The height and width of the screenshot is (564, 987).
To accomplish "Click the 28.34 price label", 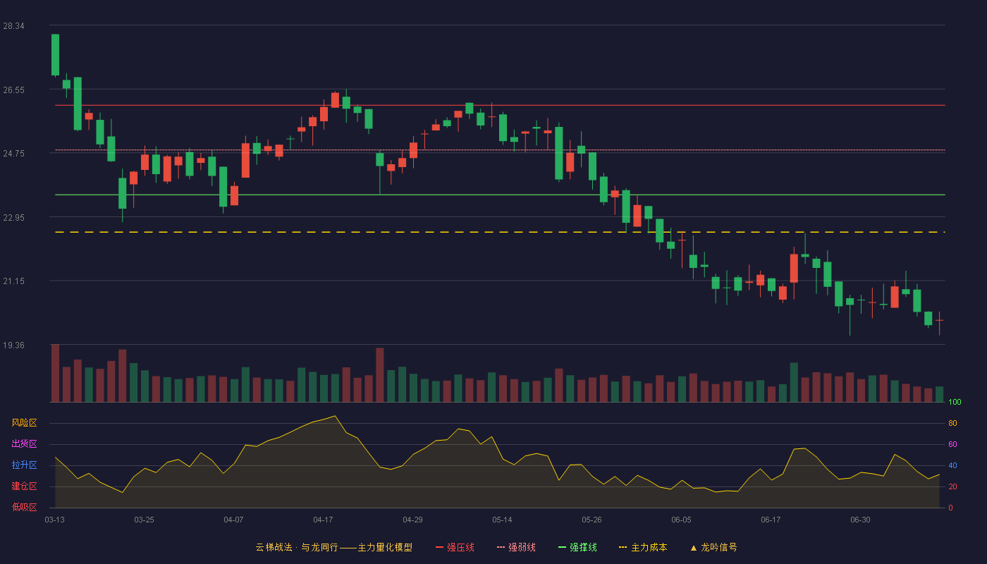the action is click(x=13, y=26).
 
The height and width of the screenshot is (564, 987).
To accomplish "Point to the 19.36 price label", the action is click(x=13, y=345).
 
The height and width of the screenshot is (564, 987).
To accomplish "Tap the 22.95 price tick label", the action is click(x=13, y=218).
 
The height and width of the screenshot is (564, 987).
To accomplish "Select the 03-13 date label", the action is click(x=55, y=520).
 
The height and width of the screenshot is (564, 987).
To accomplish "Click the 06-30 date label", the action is click(x=861, y=520).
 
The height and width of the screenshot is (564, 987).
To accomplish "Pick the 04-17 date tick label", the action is click(x=323, y=520).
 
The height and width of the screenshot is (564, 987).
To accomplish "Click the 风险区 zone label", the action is click(x=24, y=423).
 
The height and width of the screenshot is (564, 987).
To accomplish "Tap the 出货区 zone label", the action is click(x=24, y=443).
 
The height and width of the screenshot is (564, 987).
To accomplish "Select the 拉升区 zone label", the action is click(x=24, y=465).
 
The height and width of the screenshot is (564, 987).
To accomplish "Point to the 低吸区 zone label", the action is click(x=24, y=507).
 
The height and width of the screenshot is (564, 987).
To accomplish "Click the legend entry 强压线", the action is click(x=455, y=547).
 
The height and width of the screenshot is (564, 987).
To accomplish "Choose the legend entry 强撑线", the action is click(x=577, y=547).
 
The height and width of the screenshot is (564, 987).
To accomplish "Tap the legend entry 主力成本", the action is click(x=643, y=547).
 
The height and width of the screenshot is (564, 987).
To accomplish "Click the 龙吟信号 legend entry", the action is click(x=713, y=547).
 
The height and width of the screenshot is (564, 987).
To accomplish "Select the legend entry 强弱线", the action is click(x=516, y=547).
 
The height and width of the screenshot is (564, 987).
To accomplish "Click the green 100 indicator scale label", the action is click(x=955, y=402).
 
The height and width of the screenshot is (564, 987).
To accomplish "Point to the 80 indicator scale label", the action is click(x=952, y=423).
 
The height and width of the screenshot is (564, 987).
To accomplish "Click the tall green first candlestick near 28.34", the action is click(x=55, y=55).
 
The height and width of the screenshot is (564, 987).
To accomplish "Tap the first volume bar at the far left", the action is click(x=55, y=373).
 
